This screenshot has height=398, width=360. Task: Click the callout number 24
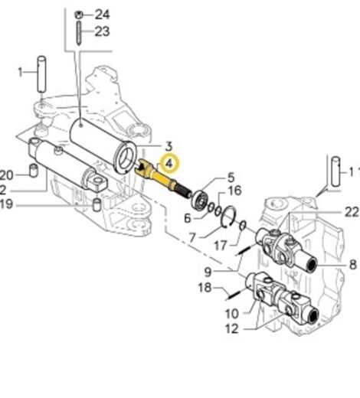pyautogui.click(x=103, y=15)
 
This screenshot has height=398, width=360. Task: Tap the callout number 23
pyautogui.click(x=103, y=31)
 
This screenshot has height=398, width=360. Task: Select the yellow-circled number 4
pyautogui.click(x=168, y=162)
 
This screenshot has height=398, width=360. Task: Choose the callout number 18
pyautogui.click(x=204, y=288)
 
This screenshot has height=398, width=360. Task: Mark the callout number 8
pyautogui.click(x=353, y=264)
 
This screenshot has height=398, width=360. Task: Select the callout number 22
pyautogui.click(x=352, y=210)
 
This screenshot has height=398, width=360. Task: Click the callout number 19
pyautogui.click(x=6, y=204)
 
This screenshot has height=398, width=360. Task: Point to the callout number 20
pyautogui.click(x=6, y=173)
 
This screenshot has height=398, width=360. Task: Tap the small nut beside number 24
pyautogui.click(x=80, y=15)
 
